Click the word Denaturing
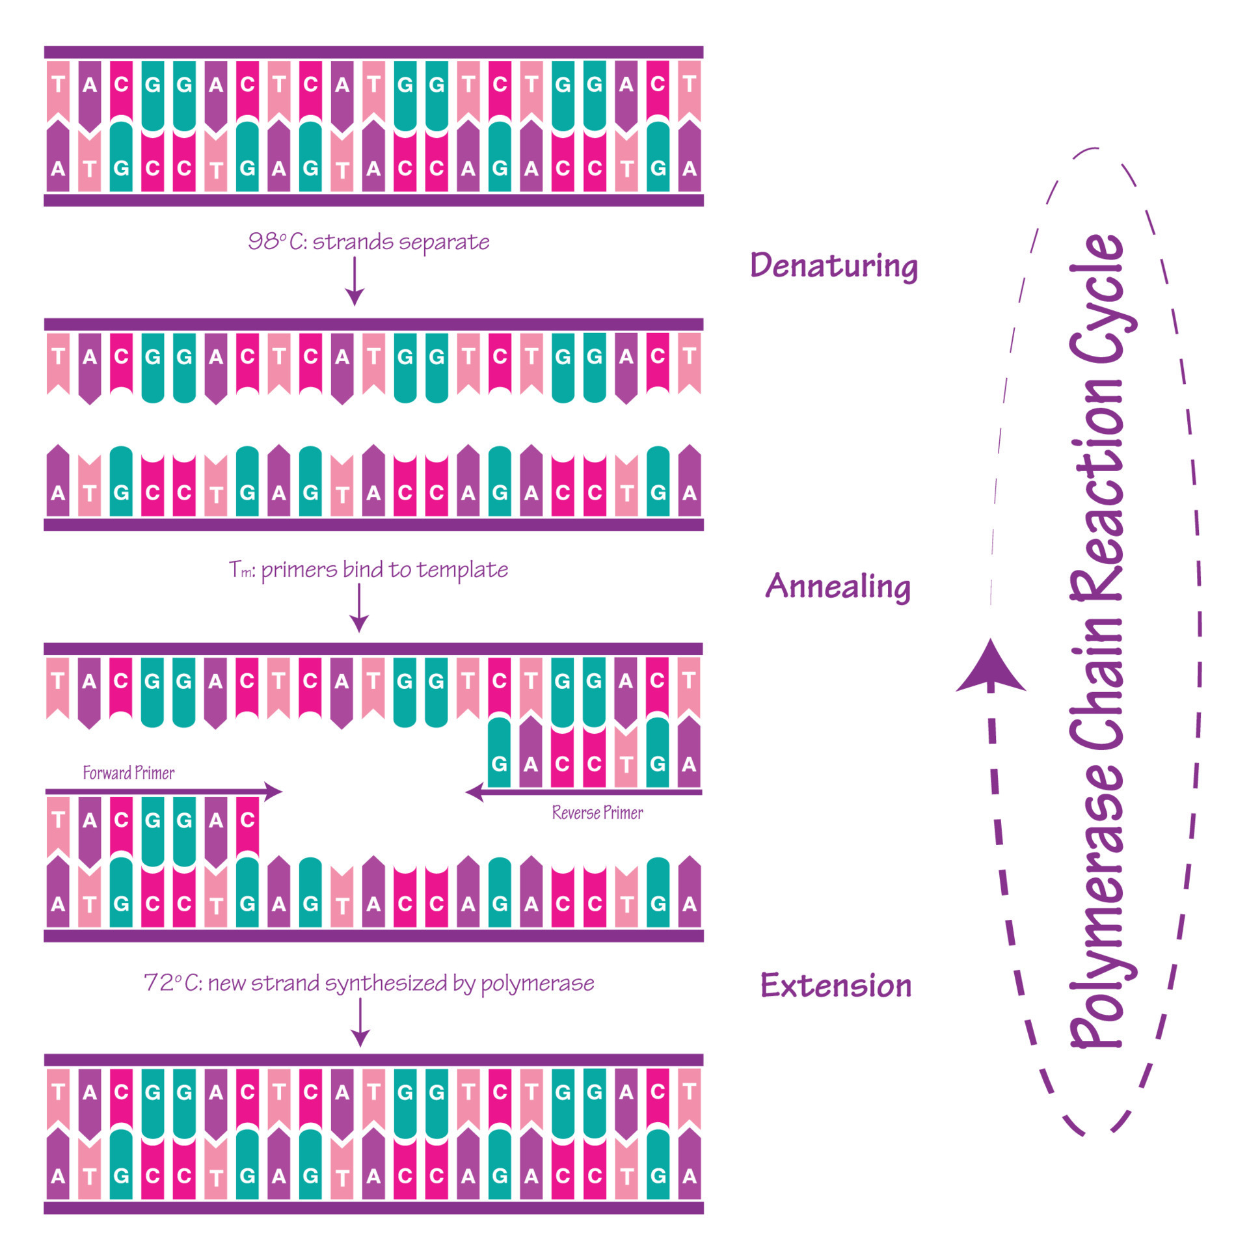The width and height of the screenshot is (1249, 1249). pyautogui.click(x=834, y=265)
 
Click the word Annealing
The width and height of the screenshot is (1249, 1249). pyautogui.click(x=837, y=586)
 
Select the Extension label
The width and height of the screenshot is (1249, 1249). pyautogui.click(x=836, y=985)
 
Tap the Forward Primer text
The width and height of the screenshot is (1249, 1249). pyautogui.click(x=129, y=773)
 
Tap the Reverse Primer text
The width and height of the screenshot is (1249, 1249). pyautogui.click(x=597, y=813)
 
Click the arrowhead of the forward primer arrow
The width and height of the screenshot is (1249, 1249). pyautogui.click(x=275, y=792)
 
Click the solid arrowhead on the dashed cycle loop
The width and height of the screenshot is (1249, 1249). pyautogui.click(x=991, y=667)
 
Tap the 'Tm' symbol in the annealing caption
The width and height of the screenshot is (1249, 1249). pyautogui.click(x=241, y=570)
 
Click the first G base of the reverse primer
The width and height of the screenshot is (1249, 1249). pyautogui.click(x=499, y=762)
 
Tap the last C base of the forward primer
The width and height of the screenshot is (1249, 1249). pyautogui.click(x=247, y=820)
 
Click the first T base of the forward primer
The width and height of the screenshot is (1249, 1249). pyautogui.click(x=58, y=820)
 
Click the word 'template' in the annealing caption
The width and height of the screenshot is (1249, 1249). pyautogui.click(x=463, y=570)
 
